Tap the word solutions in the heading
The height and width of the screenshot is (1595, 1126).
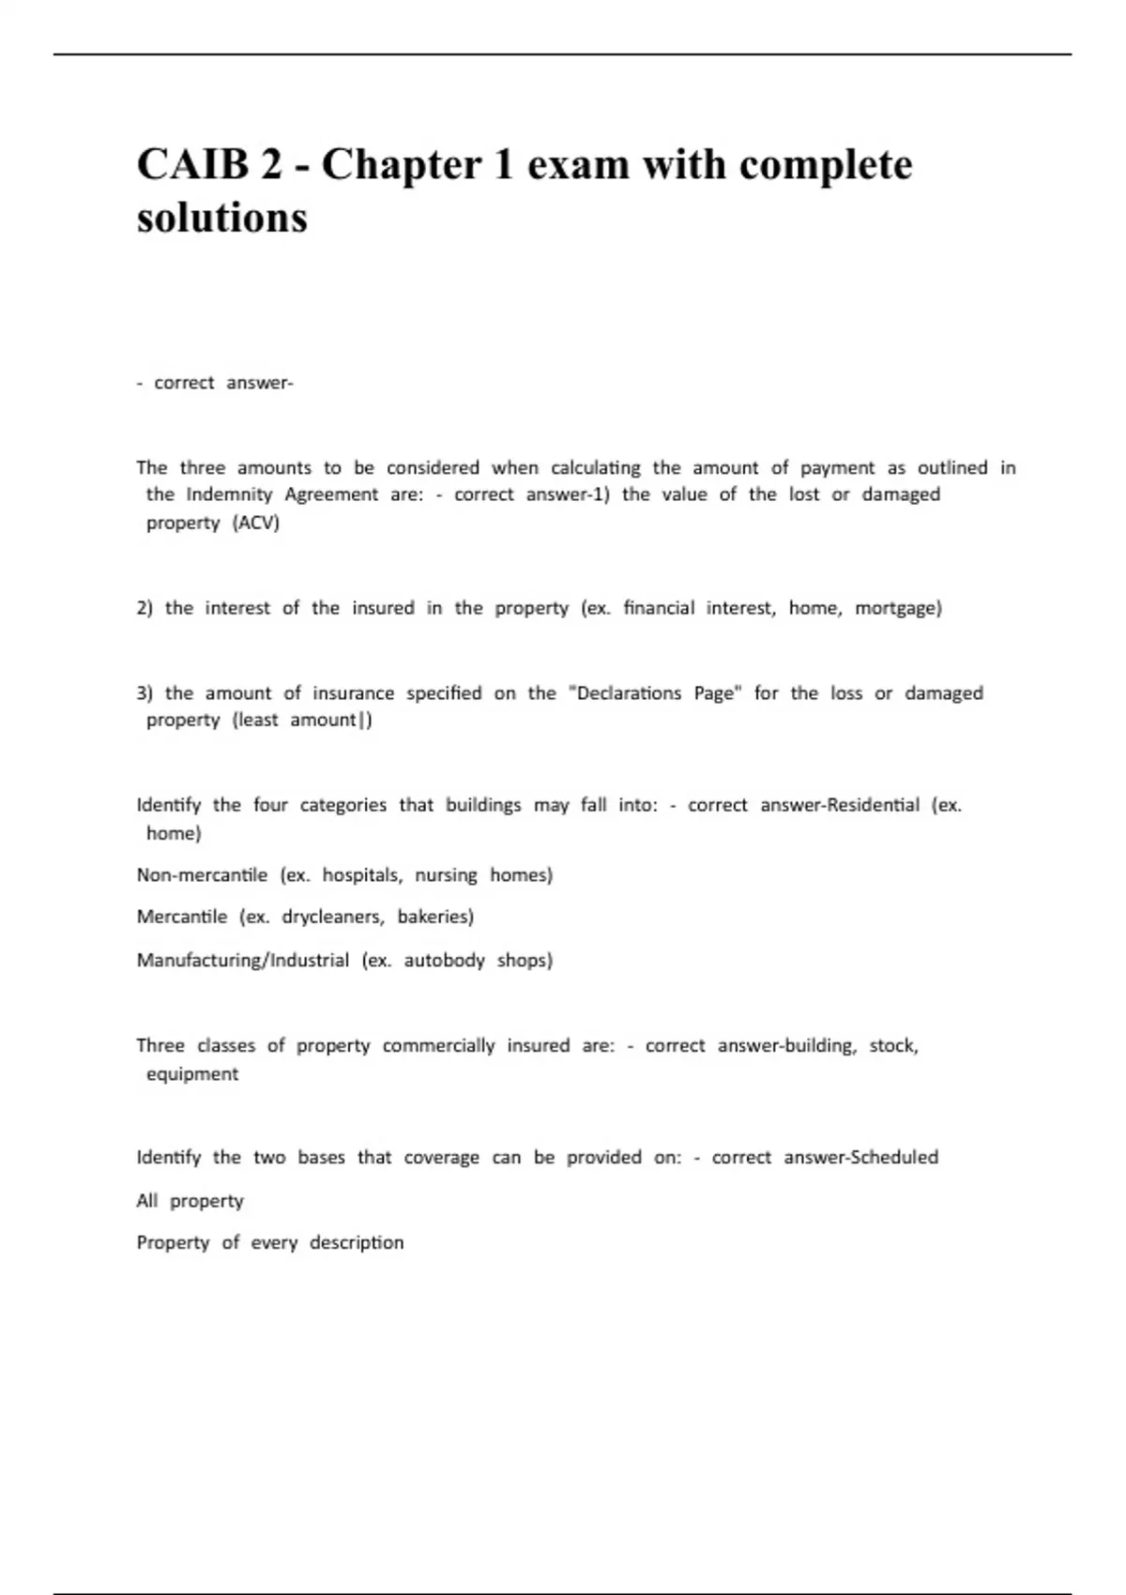pyautogui.click(x=222, y=218)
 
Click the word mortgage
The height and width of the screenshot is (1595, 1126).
pyautogui.click(x=898, y=608)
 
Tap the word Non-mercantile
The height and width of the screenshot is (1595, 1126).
pyautogui.click(x=202, y=875)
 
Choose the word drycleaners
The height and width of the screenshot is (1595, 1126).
pyautogui.click(x=333, y=917)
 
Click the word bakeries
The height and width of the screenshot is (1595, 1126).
pyautogui.click(x=435, y=917)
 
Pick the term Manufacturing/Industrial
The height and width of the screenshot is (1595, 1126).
pyautogui.click(x=243, y=960)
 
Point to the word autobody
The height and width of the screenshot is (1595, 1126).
pyautogui.click(x=445, y=960)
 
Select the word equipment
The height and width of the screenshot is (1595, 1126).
pyautogui.click(x=192, y=1074)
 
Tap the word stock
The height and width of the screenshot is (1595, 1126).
pyautogui.click(x=893, y=1045)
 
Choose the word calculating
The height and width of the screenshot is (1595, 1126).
pyautogui.click(x=595, y=467)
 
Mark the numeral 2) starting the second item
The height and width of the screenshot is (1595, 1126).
pyautogui.click(x=145, y=608)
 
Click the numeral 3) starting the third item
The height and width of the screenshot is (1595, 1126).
pyautogui.click(x=145, y=693)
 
